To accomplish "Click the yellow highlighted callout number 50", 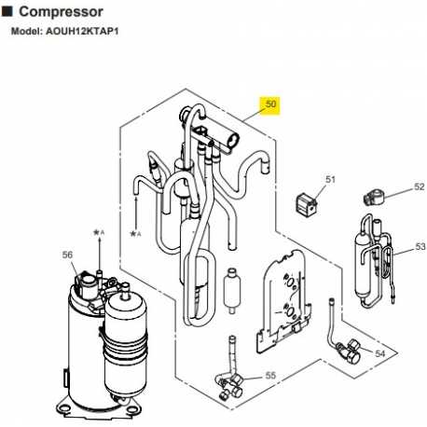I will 271,106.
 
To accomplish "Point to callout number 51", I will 329,179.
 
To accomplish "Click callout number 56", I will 66,254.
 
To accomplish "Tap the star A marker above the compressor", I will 96,231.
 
